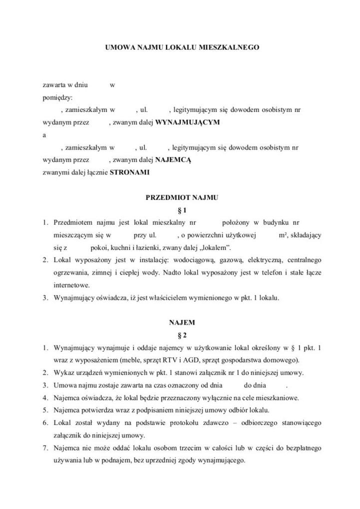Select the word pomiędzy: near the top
[57, 97]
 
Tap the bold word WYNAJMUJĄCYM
[187, 121]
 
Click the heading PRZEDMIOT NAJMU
[182, 197]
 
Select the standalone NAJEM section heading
[182, 322]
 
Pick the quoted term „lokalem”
[213, 247]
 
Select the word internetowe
[71, 285]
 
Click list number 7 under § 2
[44, 447]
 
